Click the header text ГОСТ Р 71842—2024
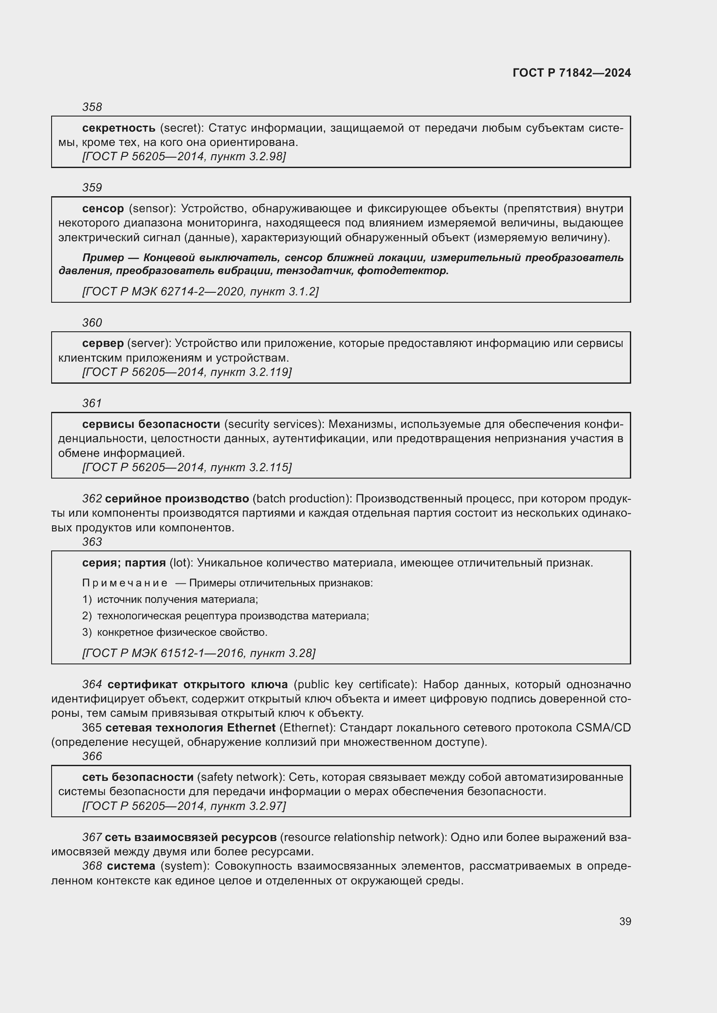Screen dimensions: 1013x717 tap(571, 73)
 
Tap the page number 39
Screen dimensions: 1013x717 tap(625, 921)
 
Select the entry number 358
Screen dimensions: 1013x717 tap(92, 107)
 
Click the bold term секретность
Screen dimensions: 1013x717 tap(119, 128)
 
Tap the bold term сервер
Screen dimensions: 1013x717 tap(103, 343)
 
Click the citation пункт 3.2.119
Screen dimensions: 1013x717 tap(250, 372)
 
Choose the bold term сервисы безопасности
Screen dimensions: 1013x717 tap(151, 424)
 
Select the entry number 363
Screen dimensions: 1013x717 tap(92, 542)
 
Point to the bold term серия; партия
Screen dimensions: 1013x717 tap(124, 563)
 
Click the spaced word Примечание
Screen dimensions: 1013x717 tap(125, 583)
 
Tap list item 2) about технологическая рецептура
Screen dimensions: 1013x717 tap(225, 616)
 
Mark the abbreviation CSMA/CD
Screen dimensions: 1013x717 tap(603, 728)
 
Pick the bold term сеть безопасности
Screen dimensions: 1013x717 tap(138, 777)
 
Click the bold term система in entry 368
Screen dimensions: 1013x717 tap(131, 866)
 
